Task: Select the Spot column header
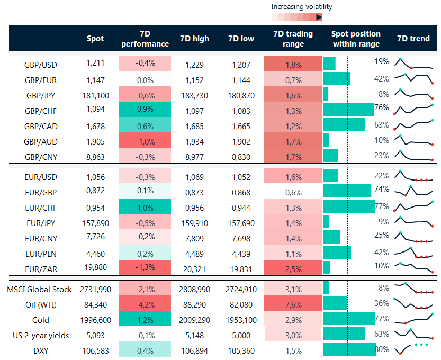[95, 39]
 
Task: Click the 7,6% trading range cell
[293, 304]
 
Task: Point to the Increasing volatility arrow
[294, 17]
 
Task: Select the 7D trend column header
[413, 39]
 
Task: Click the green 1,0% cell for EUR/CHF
[145, 206]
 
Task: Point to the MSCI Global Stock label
[40, 289]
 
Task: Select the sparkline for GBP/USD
[413, 65]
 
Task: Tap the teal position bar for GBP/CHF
[348, 110]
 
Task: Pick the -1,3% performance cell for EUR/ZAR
[145, 267]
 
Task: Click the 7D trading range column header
[293, 39]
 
